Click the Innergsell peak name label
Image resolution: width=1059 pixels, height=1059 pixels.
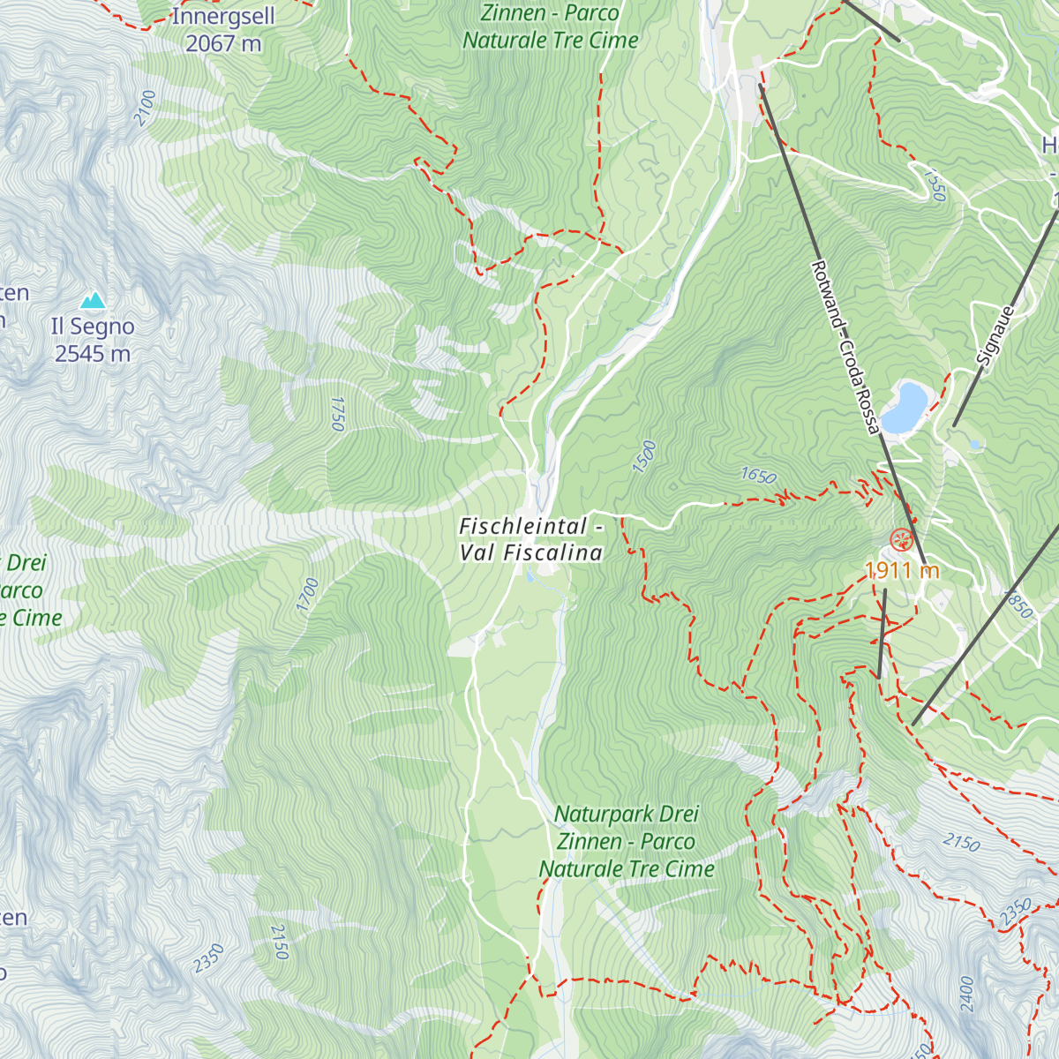[222, 17]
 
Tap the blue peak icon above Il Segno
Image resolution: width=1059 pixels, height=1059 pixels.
[93, 301]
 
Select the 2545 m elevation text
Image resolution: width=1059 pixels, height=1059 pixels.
[93, 354]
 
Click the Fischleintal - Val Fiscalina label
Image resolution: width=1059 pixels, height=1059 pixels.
[531, 539]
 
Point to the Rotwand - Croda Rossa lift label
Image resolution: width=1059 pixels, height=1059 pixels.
[845, 347]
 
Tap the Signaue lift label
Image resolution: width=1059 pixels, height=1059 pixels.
[996, 335]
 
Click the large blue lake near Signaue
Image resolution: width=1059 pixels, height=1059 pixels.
[905, 406]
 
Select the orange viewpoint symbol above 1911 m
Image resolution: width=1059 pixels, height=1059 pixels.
[901, 540]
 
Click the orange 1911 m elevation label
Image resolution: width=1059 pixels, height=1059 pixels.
[903, 571]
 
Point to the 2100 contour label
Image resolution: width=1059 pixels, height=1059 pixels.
[146, 108]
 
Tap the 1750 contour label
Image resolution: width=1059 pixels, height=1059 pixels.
[335, 413]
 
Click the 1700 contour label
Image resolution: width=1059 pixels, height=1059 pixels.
[307, 596]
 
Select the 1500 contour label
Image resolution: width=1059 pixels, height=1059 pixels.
[645, 456]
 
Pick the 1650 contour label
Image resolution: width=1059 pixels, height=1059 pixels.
[758, 477]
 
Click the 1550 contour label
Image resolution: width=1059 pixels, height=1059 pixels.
[935, 184]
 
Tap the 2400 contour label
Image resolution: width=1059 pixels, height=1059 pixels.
[966, 994]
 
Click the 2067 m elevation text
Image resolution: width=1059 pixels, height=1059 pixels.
[223, 43]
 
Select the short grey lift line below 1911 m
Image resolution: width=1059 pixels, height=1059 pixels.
[882, 634]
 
